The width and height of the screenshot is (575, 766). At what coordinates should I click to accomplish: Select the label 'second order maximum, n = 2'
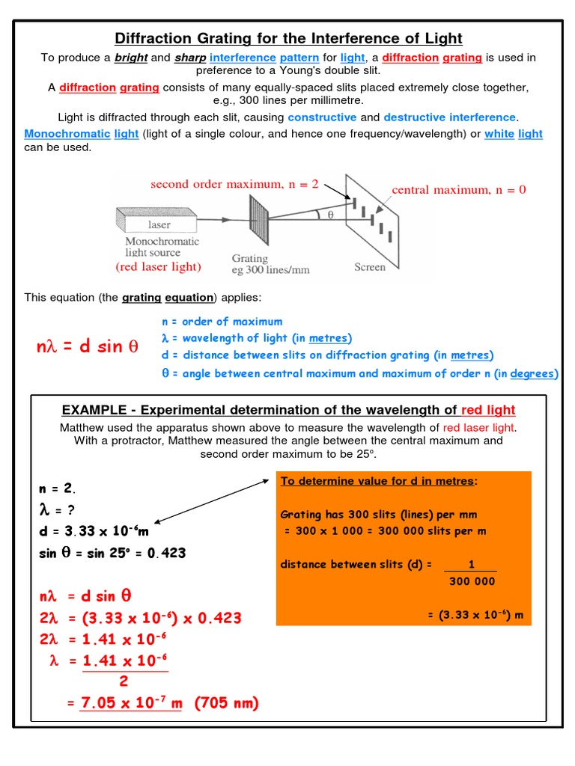click(x=234, y=184)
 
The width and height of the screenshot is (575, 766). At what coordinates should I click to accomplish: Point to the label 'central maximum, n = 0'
click(x=459, y=190)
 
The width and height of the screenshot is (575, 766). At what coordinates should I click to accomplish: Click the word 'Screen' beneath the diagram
click(x=370, y=267)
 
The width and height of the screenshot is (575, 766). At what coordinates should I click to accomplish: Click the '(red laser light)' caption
click(x=158, y=267)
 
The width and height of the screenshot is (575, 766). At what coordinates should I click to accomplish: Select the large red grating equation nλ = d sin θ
click(x=88, y=347)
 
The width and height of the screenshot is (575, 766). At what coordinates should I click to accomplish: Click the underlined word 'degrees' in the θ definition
click(x=535, y=373)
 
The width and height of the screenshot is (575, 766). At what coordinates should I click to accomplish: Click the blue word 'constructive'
click(x=322, y=117)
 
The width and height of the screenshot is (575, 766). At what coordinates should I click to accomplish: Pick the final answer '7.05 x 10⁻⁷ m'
click(x=131, y=703)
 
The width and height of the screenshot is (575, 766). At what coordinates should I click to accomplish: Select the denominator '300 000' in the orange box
click(x=472, y=581)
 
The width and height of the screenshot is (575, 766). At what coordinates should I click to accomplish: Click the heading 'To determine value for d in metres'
click(x=379, y=481)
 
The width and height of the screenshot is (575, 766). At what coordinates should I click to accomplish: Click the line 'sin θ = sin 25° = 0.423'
click(x=112, y=554)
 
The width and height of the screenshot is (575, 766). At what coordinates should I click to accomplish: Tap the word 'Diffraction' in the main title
click(x=153, y=38)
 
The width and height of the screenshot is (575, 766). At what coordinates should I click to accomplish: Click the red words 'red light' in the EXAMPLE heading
click(x=488, y=410)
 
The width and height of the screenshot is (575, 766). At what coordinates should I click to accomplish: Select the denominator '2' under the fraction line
click(x=124, y=681)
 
